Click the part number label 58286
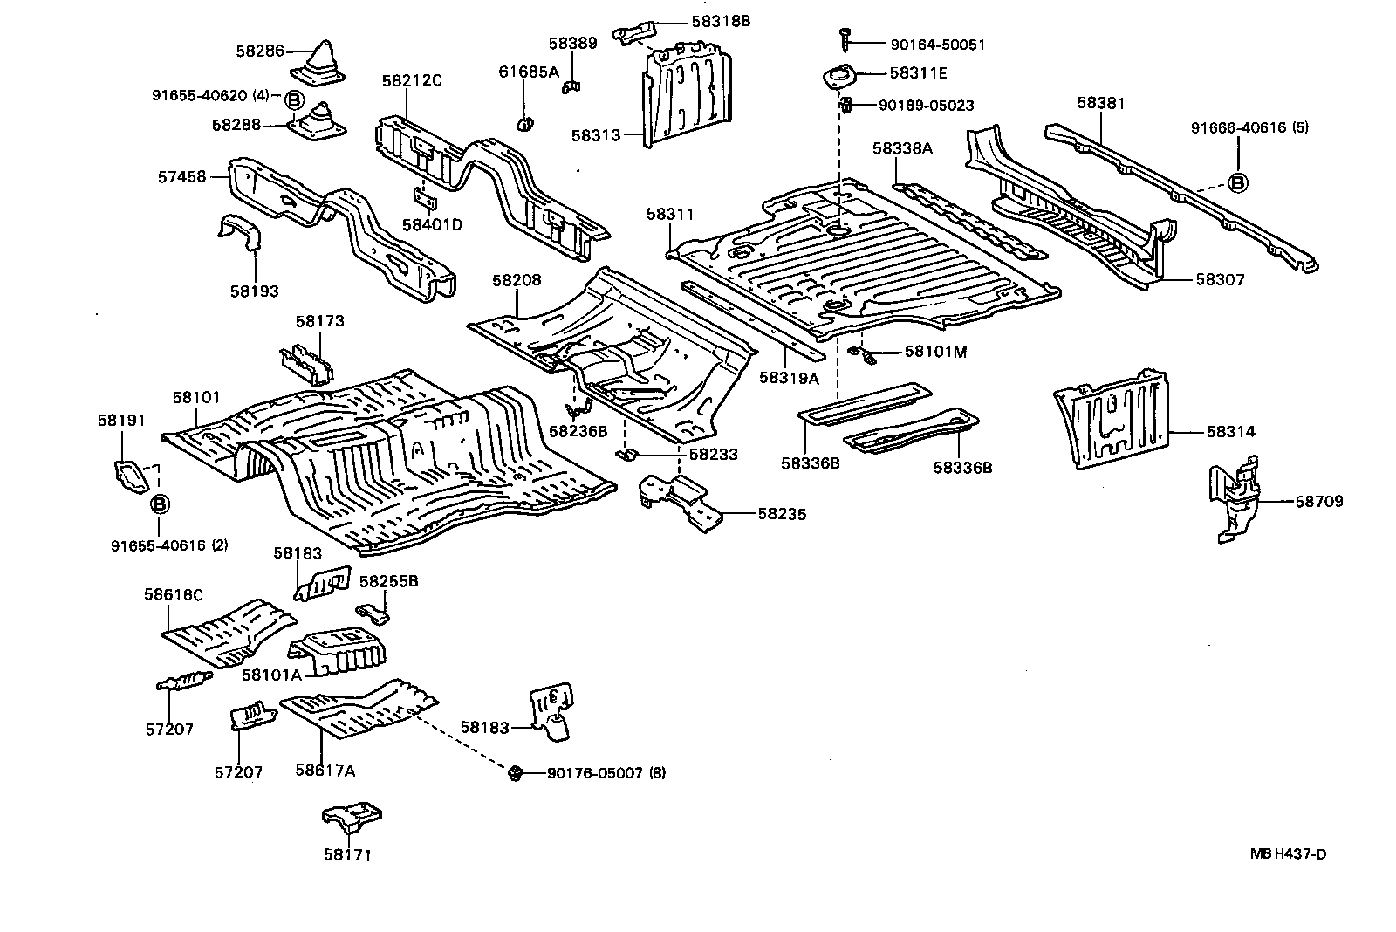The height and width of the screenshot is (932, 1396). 259,51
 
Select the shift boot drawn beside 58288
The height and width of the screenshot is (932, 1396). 316,123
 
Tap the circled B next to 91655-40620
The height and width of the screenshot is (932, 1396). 294,100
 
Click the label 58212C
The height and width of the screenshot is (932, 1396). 411,81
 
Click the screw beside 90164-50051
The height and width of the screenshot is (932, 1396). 845,38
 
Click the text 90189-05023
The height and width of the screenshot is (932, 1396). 926,106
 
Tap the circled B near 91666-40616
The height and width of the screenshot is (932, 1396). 1238,182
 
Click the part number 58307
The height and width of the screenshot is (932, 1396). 1220,280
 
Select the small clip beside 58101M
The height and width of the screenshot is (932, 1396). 860,353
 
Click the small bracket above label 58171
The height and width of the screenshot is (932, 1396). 350,820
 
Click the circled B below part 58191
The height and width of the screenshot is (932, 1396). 160,504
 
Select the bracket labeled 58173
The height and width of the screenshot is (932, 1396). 305,362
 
